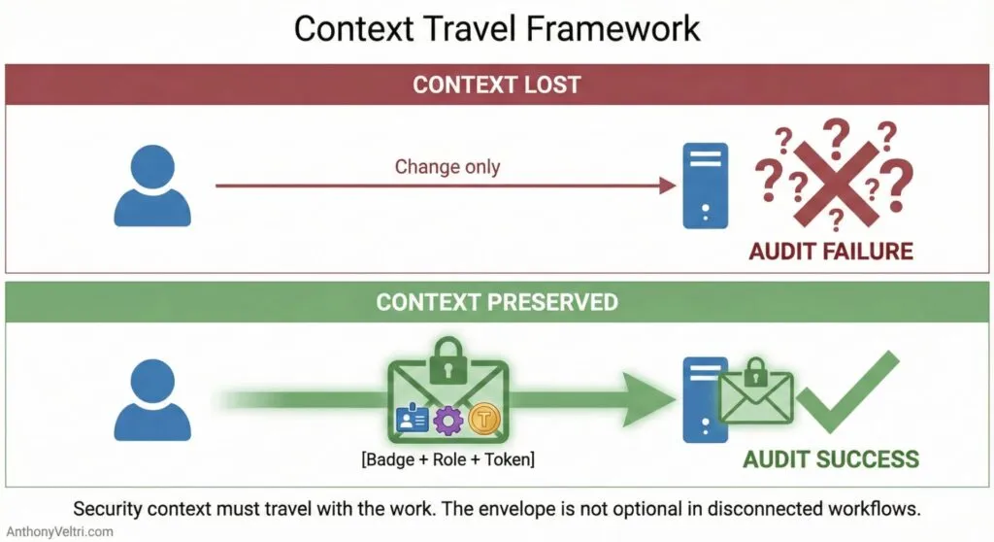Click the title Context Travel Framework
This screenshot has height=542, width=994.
497,29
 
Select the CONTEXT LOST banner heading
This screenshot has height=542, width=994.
496,85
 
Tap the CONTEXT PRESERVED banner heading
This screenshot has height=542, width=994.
496,302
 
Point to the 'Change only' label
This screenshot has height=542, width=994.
447,166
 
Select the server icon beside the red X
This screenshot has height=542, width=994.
705,186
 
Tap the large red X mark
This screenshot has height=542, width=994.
833,175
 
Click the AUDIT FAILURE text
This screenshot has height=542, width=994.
831,252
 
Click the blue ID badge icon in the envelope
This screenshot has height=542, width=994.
413,420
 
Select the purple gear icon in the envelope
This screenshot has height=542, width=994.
447,421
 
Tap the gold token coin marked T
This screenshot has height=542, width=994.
483,420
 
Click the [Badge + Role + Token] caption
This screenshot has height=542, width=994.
447,458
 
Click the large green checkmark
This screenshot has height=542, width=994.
854,393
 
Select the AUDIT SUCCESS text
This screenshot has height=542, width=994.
831,458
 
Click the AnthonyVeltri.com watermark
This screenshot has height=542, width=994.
58,531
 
